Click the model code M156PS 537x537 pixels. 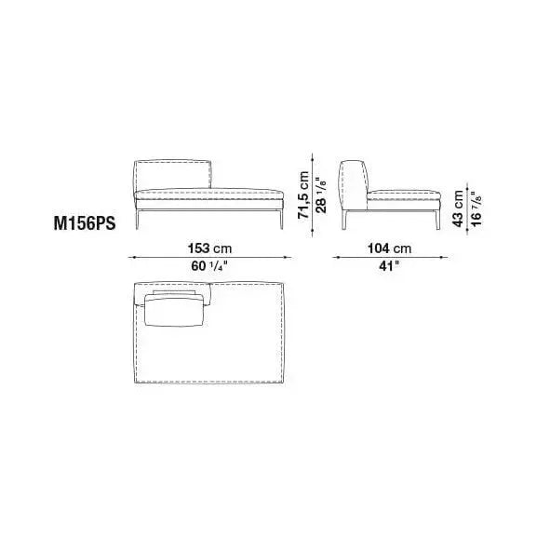(x=85, y=224)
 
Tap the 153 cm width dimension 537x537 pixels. (x=209, y=248)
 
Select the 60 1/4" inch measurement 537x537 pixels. (x=209, y=266)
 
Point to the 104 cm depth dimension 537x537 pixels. (x=389, y=248)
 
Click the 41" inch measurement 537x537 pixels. (x=389, y=266)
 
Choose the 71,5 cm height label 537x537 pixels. (x=303, y=195)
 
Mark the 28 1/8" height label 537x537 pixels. (x=321, y=195)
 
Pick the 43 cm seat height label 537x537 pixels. (x=457, y=208)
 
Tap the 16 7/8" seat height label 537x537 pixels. (x=476, y=208)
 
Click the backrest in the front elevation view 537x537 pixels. (x=173, y=174)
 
